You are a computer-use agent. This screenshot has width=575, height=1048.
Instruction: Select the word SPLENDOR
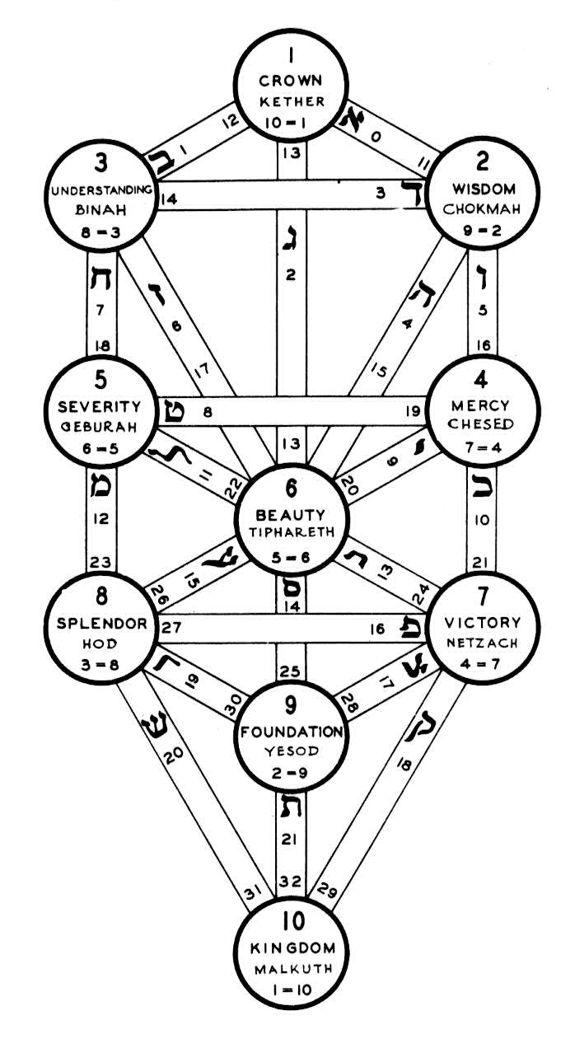(96, 623)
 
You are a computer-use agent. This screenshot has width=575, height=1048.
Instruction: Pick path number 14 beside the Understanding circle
(168, 198)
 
